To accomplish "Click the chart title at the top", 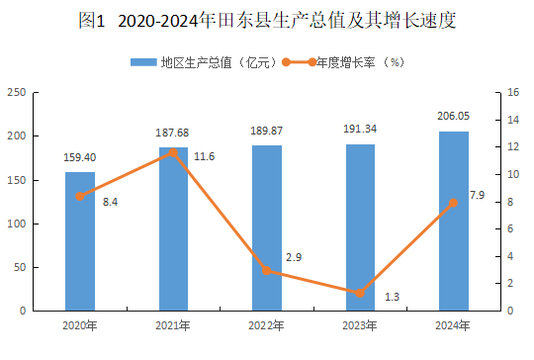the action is [x=267, y=21].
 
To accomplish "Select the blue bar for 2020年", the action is [x=80, y=241].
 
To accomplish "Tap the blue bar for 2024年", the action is [x=454, y=221].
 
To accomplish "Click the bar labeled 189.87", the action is [x=267, y=228].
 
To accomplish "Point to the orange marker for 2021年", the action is [x=173, y=152].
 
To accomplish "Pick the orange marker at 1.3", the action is [x=360, y=294].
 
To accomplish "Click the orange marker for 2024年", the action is [x=453, y=203].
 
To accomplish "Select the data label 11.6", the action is [x=205, y=156].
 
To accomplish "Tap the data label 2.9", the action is [x=294, y=257].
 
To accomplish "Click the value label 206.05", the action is [x=453, y=116].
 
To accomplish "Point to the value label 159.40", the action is [x=80, y=157].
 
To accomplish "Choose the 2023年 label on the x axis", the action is [x=360, y=325].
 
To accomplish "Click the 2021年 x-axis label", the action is [x=173, y=325].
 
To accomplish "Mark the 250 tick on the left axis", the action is [x=17, y=92].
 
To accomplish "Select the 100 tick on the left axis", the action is [x=17, y=224].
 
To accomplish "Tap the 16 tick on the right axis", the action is [x=513, y=92].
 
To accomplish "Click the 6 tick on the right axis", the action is [x=510, y=228].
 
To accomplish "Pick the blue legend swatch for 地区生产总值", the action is [x=143, y=62].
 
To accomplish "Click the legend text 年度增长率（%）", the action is [x=360, y=62].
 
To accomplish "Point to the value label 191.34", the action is [x=360, y=129].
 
